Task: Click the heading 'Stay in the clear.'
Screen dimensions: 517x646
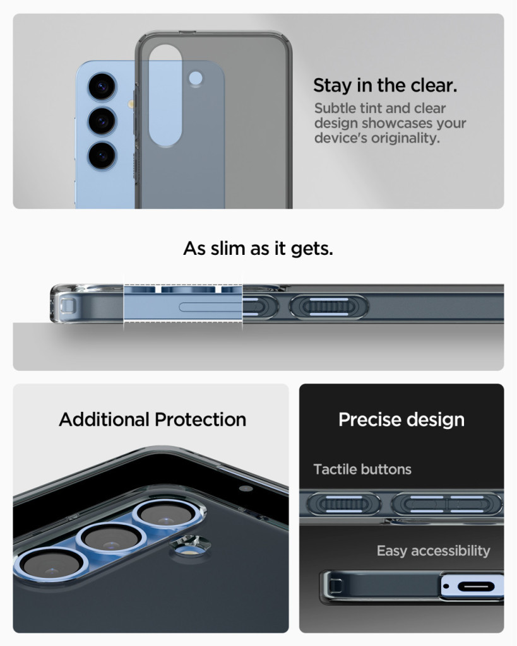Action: (x=385, y=85)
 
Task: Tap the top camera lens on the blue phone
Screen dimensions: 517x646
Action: (x=102, y=86)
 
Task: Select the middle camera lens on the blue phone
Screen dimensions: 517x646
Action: (x=102, y=121)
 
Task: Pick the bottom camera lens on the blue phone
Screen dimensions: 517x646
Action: (x=102, y=156)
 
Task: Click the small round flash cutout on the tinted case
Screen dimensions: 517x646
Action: (x=196, y=78)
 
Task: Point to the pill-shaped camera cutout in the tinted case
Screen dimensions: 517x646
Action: (x=165, y=96)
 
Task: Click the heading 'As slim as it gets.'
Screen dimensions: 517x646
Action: (x=258, y=249)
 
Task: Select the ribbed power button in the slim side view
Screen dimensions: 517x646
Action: (x=329, y=307)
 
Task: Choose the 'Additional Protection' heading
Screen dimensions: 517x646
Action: (x=153, y=420)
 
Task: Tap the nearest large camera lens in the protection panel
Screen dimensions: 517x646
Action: (x=51, y=563)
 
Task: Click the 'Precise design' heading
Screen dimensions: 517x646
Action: (x=401, y=420)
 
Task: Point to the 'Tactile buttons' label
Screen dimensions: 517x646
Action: (x=362, y=469)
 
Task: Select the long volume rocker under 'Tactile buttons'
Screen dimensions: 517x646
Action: (x=446, y=504)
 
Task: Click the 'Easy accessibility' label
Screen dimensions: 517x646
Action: (x=433, y=551)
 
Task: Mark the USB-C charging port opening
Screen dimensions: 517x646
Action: (x=476, y=586)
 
